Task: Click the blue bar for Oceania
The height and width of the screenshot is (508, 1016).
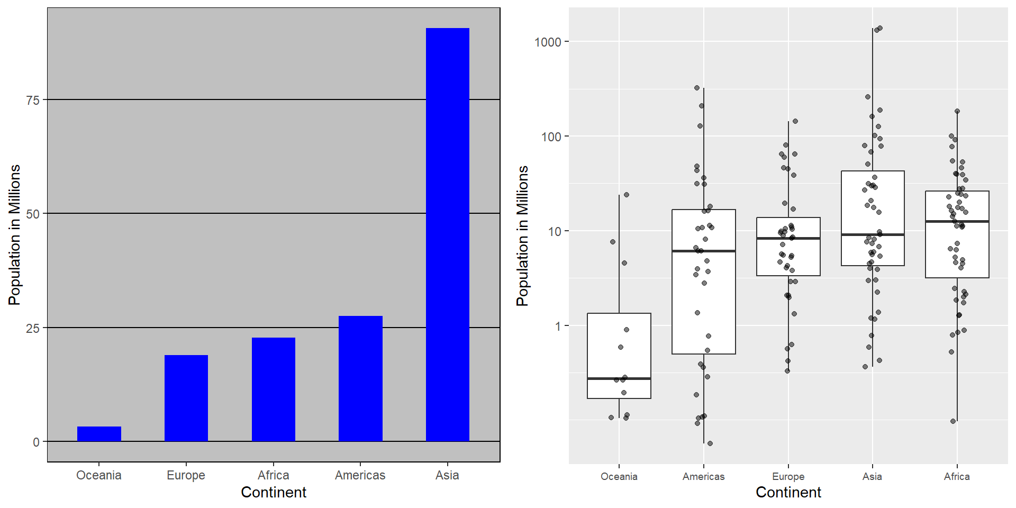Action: [99, 434]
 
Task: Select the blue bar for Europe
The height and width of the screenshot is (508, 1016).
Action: [186, 398]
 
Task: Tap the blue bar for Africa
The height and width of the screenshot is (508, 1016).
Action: [273, 389]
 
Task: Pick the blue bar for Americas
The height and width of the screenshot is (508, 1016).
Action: [360, 378]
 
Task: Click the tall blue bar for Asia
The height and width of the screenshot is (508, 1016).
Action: [447, 234]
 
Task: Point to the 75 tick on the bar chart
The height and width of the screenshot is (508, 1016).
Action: [33, 100]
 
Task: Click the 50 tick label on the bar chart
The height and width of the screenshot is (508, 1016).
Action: [33, 214]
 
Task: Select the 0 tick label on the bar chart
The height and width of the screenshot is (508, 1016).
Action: [36, 442]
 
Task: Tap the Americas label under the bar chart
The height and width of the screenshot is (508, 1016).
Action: [360, 475]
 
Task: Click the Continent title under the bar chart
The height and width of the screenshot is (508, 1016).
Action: [273, 492]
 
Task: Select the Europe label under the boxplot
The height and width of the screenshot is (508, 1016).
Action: [788, 476]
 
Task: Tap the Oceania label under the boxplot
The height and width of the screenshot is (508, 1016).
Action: [619, 476]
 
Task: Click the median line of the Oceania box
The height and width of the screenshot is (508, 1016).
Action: [619, 378]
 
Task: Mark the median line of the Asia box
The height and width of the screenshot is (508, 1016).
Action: [873, 234]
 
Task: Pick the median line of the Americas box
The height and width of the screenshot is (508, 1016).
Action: [703, 251]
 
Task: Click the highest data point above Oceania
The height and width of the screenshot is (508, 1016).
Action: [627, 195]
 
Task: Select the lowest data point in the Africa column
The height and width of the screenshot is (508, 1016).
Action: [953, 421]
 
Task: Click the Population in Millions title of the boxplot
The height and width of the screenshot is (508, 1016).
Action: [522, 235]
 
